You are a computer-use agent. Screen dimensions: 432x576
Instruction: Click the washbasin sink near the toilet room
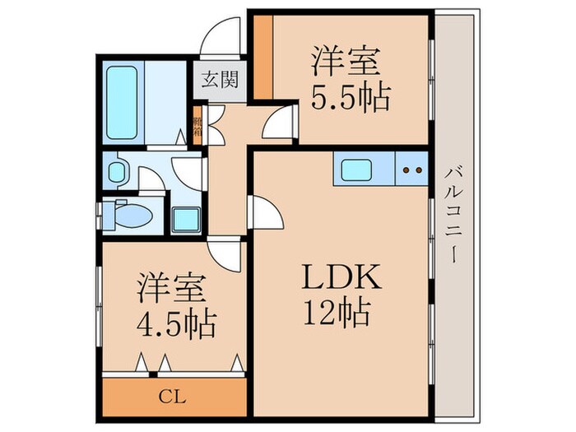click(118, 173)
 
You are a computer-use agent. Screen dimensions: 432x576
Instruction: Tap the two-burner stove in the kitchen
click(412, 171)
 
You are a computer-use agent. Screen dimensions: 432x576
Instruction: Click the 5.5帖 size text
click(349, 99)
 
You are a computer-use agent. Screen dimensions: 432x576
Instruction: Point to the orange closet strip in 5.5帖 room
click(262, 55)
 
